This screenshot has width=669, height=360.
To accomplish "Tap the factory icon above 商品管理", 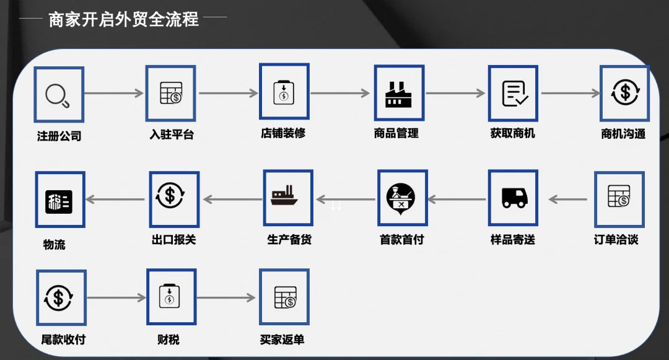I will point(399,94).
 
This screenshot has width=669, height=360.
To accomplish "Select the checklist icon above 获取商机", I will point(514,94).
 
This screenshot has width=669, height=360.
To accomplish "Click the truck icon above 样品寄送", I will point(514,198).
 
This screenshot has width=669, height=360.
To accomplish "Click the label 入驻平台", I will point(172,134).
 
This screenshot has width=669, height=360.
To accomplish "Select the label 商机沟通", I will point(623,134).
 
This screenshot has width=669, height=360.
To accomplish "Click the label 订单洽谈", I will point(616,240).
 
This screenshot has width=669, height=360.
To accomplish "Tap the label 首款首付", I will point(401,240).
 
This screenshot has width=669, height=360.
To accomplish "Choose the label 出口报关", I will point(173,240).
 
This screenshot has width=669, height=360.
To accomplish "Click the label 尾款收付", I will point(63,340).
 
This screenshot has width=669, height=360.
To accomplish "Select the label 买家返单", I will point(282,340).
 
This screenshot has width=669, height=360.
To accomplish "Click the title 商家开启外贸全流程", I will point(124,19).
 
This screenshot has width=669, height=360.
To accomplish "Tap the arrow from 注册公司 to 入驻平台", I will point(114,94).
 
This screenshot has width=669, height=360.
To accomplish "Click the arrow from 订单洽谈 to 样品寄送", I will point(568,200).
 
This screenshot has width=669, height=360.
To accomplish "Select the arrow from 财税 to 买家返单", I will point(226,298).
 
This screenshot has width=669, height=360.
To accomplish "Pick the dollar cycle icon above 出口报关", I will point(174,198).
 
